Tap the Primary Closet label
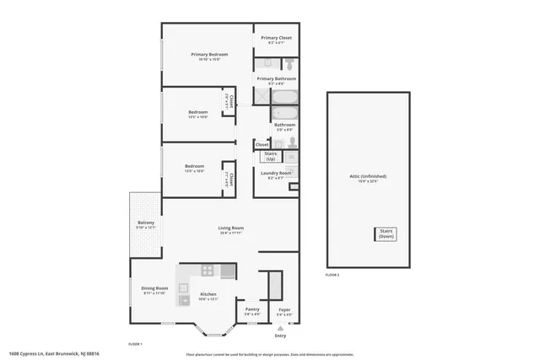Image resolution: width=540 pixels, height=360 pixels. click(x=276, y=38)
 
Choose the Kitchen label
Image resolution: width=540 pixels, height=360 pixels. click(x=208, y=294)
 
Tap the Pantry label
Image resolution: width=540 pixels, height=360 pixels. click(x=252, y=310)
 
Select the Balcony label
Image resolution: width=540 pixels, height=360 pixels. click(x=146, y=223)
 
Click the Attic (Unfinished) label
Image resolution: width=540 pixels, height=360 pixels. click(x=367, y=176)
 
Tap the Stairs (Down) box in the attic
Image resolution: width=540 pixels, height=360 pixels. click(x=386, y=234)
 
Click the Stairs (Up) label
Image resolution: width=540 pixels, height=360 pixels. click(x=272, y=156)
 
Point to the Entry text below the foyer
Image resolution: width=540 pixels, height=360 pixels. click(x=280, y=336)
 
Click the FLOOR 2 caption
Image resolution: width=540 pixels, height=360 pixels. click(x=332, y=276)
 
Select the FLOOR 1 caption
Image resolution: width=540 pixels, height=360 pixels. click(x=134, y=344)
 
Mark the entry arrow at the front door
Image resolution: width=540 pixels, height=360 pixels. click(x=280, y=327)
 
